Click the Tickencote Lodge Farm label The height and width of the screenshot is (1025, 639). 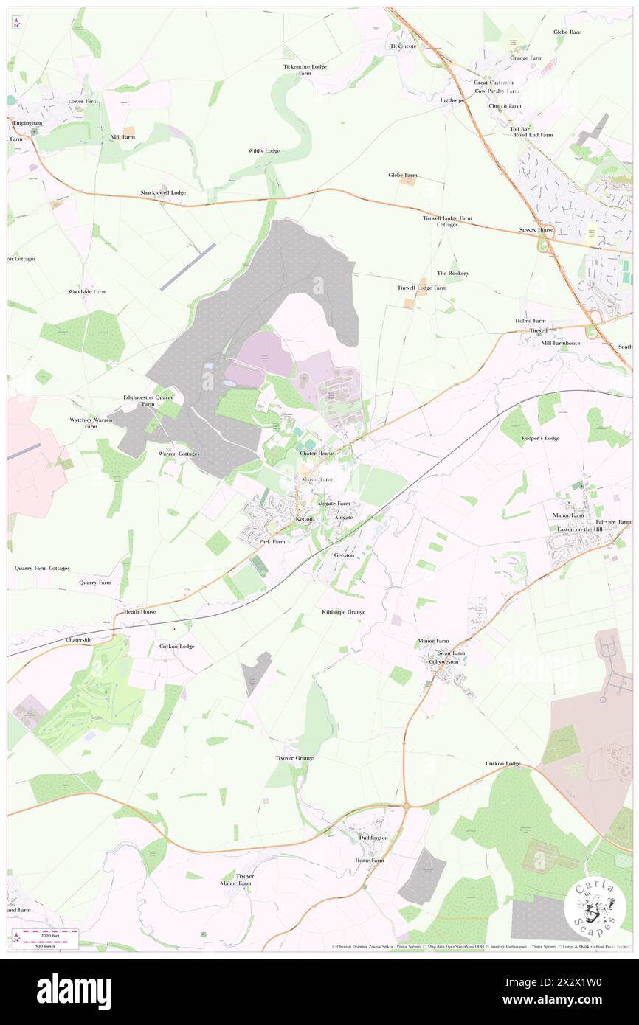[305, 70]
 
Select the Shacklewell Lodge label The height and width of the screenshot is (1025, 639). [163, 192]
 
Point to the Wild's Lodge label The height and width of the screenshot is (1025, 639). [263, 150]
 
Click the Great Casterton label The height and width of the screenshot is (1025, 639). [494, 83]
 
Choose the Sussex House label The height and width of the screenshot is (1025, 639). [536, 229]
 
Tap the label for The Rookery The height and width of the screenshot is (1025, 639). [452, 273]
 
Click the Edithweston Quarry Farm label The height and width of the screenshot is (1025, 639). [148, 400]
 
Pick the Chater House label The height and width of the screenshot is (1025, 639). [317, 453]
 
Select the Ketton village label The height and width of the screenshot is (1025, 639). [304, 518]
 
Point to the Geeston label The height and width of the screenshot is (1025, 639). [344, 555]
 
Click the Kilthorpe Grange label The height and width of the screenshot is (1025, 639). [343, 612]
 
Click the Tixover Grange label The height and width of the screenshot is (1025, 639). [294, 758]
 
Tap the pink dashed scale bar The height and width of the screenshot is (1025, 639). [44, 934]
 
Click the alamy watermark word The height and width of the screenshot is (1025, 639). [74, 991]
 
